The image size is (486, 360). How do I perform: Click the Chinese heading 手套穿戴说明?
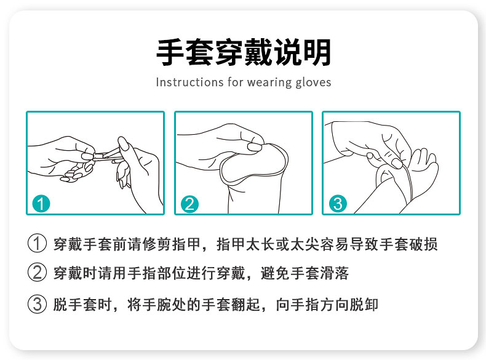click(244, 52)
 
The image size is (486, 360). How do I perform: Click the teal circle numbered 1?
click(41, 204)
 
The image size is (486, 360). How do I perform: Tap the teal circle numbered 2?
click(189, 204)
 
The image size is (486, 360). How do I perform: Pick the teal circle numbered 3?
click(338, 204)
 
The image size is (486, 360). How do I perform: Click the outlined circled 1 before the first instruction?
click(37, 243)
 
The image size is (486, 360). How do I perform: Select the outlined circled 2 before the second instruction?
click(37, 272)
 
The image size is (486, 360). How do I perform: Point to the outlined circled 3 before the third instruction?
click(37, 304)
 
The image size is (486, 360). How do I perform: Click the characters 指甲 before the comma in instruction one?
click(186, 244)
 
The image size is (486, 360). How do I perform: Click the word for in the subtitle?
click(235, 82)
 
